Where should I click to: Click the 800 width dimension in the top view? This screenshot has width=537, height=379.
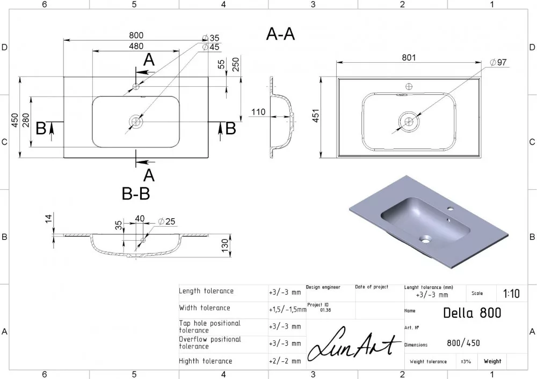click(x=136, y=35)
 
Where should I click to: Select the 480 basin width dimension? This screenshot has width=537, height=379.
click(x=136, y=46)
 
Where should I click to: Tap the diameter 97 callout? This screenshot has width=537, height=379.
click(x=498, y=62)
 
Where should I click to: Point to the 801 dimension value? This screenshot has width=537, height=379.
click(x=409, y=57)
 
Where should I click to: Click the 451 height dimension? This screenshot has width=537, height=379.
click(x=316, y=115)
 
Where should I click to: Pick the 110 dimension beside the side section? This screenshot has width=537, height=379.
click(x=258, y=112)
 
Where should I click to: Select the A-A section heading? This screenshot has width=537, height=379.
click(x=280, y=34)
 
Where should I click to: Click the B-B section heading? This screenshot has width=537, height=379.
click(x=136, y=194)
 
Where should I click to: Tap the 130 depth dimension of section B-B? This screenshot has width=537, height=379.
click(x=224, y=246)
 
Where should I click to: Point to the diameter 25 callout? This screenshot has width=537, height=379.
click(x=167, y=221)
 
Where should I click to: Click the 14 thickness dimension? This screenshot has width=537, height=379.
click(x=48, y=219)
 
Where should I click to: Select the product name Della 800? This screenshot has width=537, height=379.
click(x=472, y=313)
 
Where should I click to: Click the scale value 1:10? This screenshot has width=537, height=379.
click(x=511, y=294)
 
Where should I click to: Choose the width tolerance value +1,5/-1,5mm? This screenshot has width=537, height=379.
click(x=288, y=310)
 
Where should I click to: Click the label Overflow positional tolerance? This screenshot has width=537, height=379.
click(x=210, y=343)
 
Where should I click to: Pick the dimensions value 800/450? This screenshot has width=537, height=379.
click(x=463, y=343)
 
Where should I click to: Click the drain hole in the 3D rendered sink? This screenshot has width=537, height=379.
click(x=426, y=240)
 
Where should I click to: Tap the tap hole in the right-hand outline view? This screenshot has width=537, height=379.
click(x=409, y=86)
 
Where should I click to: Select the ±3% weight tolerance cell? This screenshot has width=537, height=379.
click(x=466, y=361)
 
